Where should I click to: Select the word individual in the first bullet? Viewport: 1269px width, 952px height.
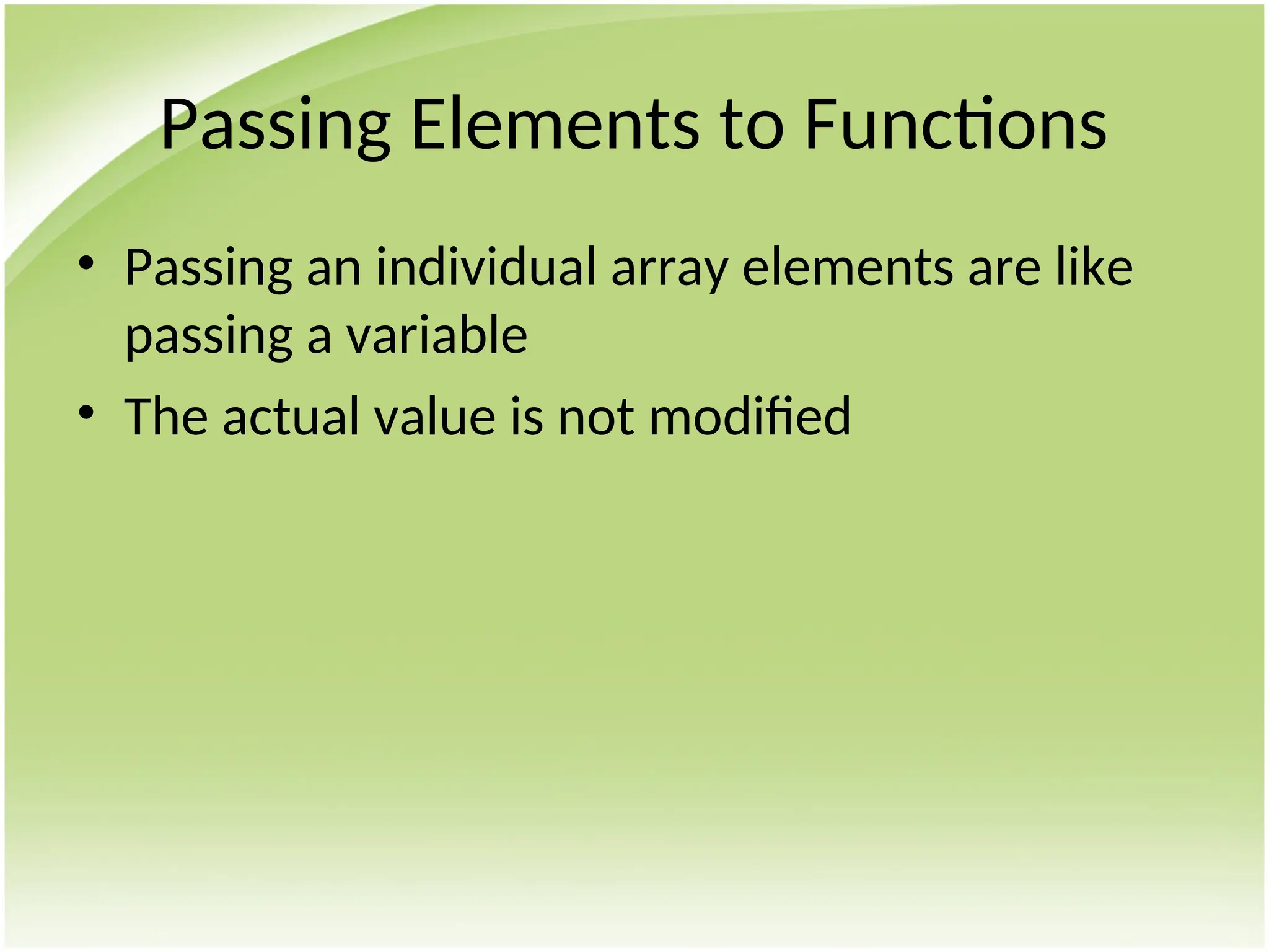[486, 268]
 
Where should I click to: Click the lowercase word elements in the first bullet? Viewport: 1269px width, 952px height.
[848, 268]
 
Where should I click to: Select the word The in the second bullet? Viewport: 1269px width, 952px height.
[165, 416]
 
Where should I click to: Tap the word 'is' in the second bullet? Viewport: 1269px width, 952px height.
[527, 416]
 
